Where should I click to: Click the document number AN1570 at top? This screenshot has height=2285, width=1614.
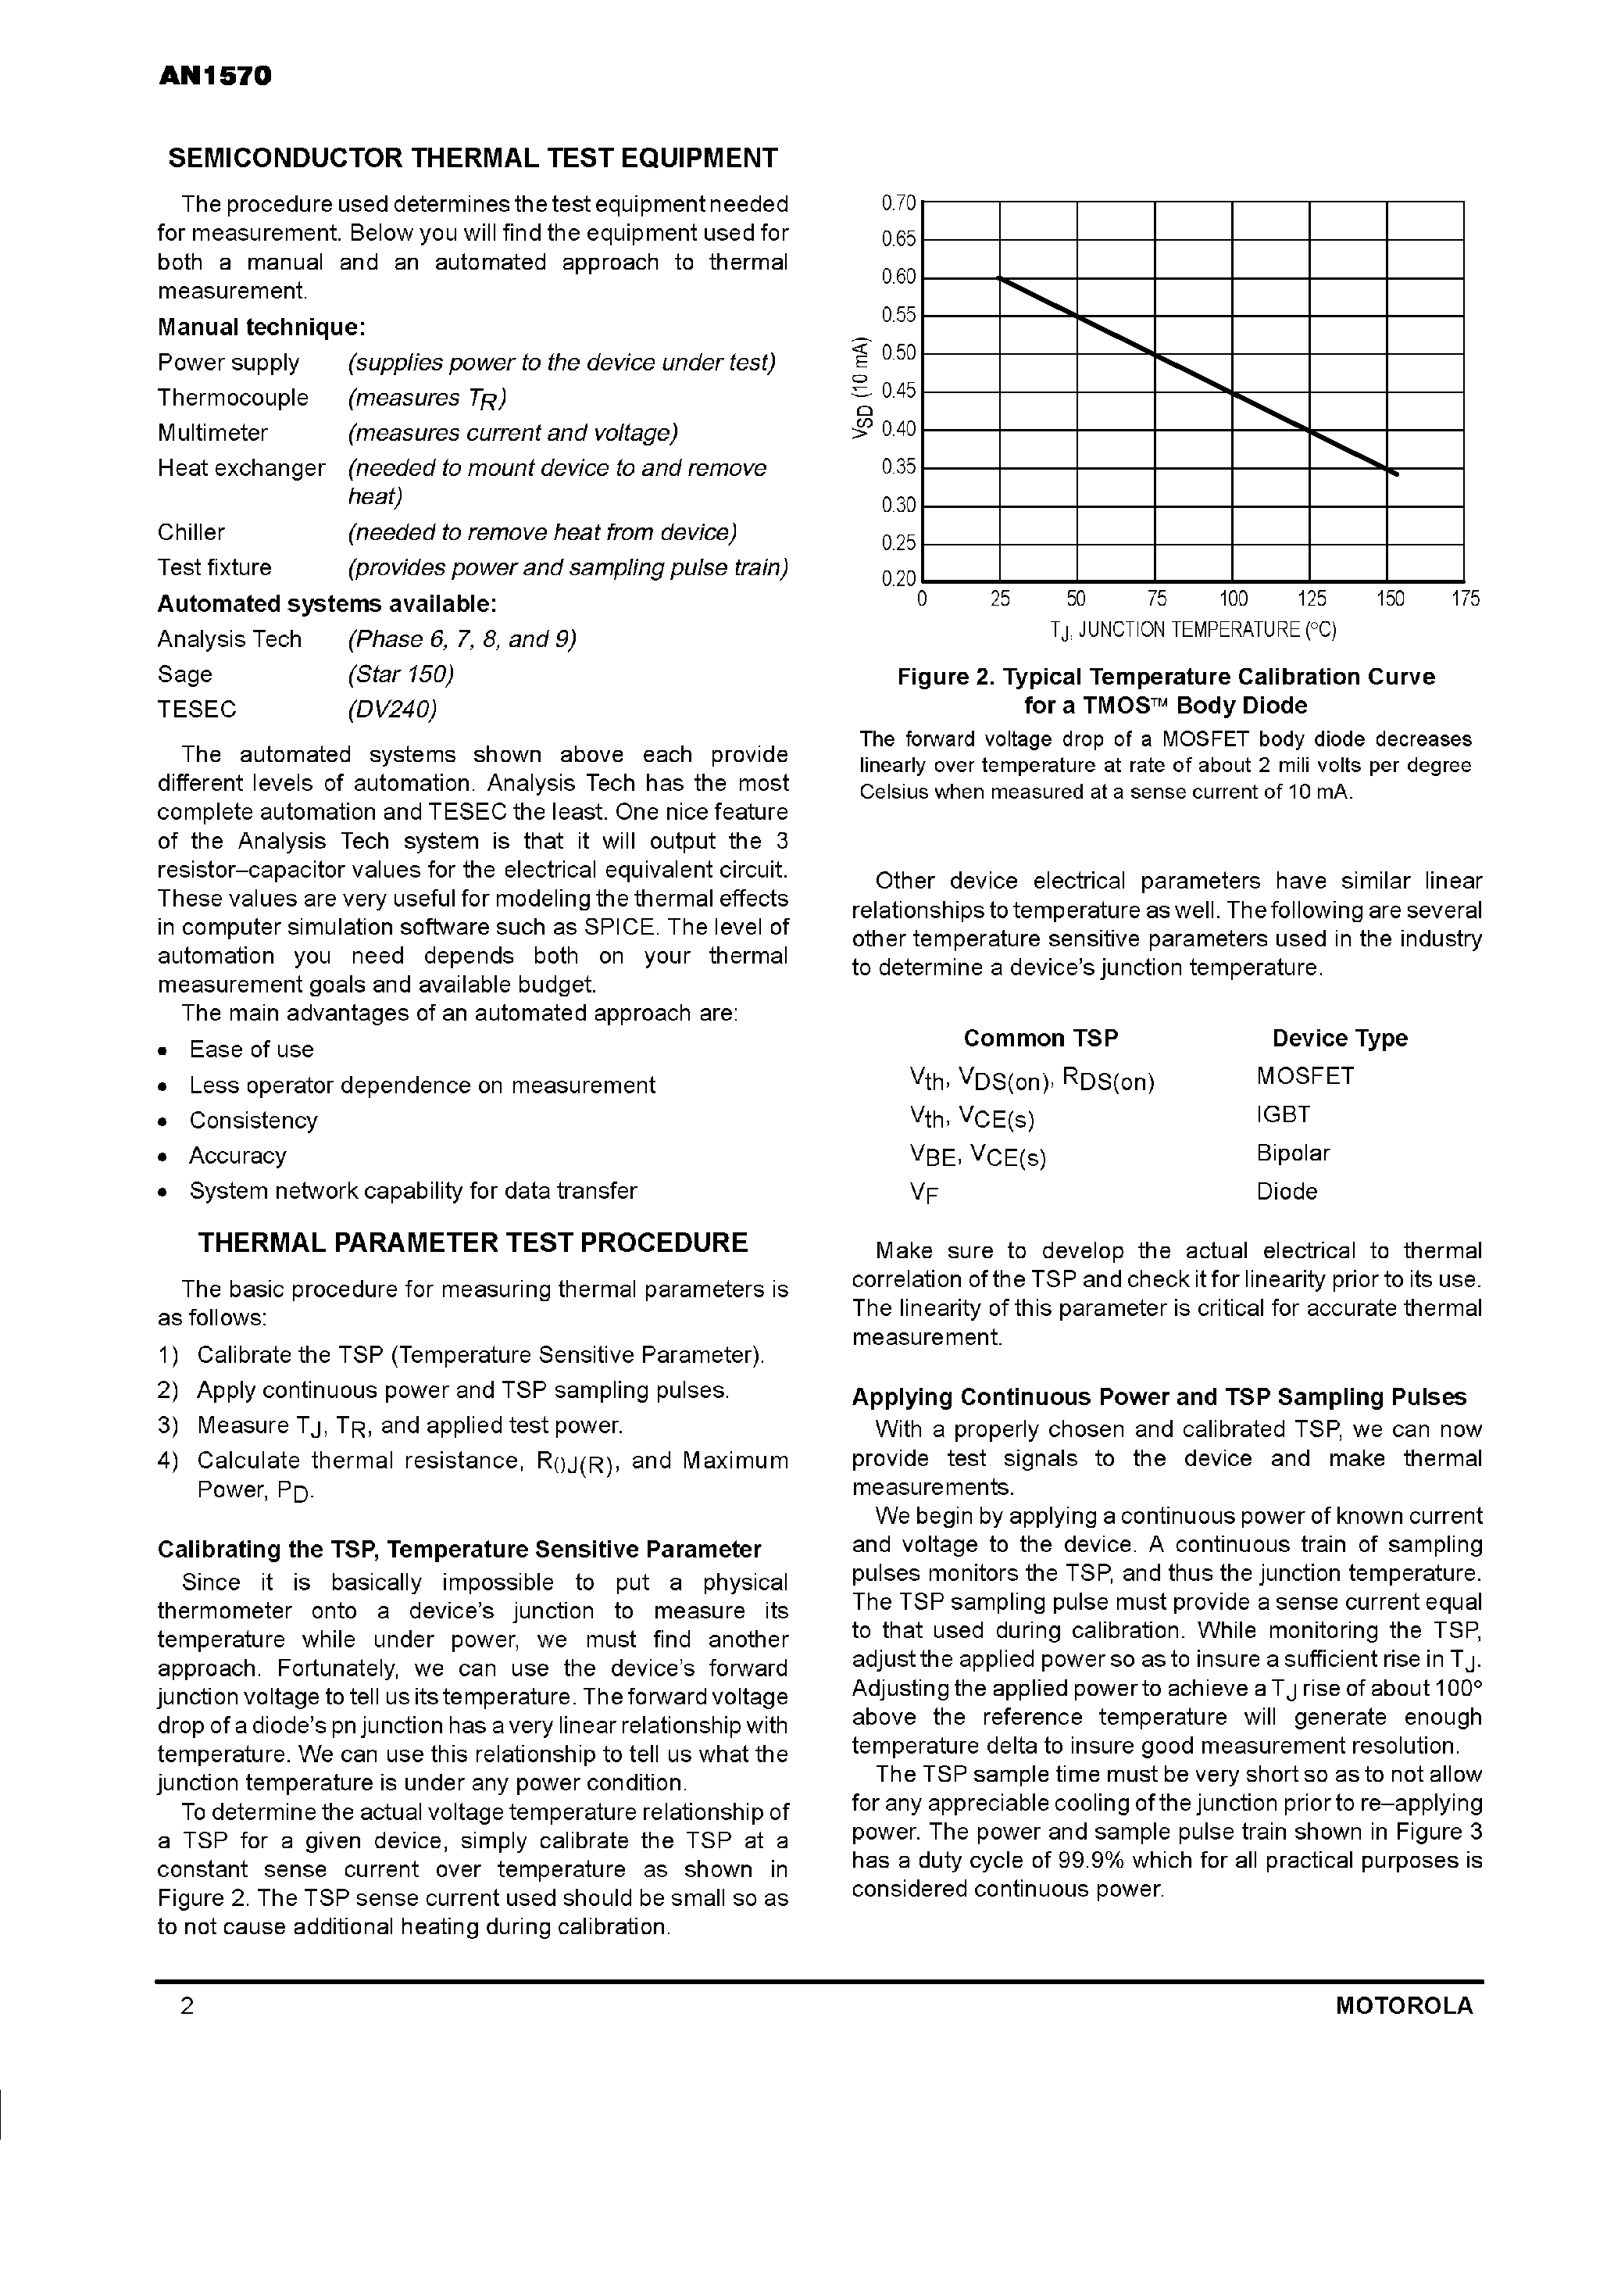[214, 77]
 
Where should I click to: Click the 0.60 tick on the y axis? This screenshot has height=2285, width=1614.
[899, 277]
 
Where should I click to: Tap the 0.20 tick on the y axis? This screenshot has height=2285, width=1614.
[899, 579]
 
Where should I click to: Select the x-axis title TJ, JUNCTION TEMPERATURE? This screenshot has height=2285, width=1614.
[1192, 630]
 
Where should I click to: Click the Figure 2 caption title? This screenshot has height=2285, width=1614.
[1166, 691]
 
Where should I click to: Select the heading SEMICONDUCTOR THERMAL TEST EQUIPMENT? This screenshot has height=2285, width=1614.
[473, 158]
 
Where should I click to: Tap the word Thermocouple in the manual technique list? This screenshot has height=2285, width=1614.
[233, 398]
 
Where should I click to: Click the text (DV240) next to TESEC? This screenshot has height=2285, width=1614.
[392, 710]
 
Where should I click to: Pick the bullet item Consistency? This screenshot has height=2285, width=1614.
[253, 1121]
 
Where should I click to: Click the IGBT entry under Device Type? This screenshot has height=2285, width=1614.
[1283, 1114]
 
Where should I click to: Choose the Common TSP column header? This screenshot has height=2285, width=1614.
[1040, 1038]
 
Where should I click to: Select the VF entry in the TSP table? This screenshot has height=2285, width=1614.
[923, 1193]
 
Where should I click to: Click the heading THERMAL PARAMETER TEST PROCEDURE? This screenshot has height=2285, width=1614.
[473, 1243]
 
